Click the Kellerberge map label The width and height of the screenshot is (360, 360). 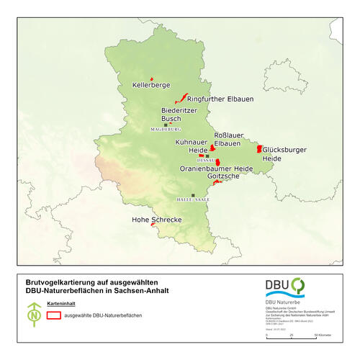point(151,85)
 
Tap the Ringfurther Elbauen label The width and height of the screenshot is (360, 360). point(220,99)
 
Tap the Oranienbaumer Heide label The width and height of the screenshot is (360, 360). point(216,168)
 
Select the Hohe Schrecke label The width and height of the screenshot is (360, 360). point(156,219)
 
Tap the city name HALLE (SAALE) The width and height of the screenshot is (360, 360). point(192,200)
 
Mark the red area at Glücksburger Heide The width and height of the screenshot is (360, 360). point(260,148)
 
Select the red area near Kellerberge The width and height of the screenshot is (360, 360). point(151,78)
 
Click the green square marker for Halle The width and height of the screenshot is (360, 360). point(193,195)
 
